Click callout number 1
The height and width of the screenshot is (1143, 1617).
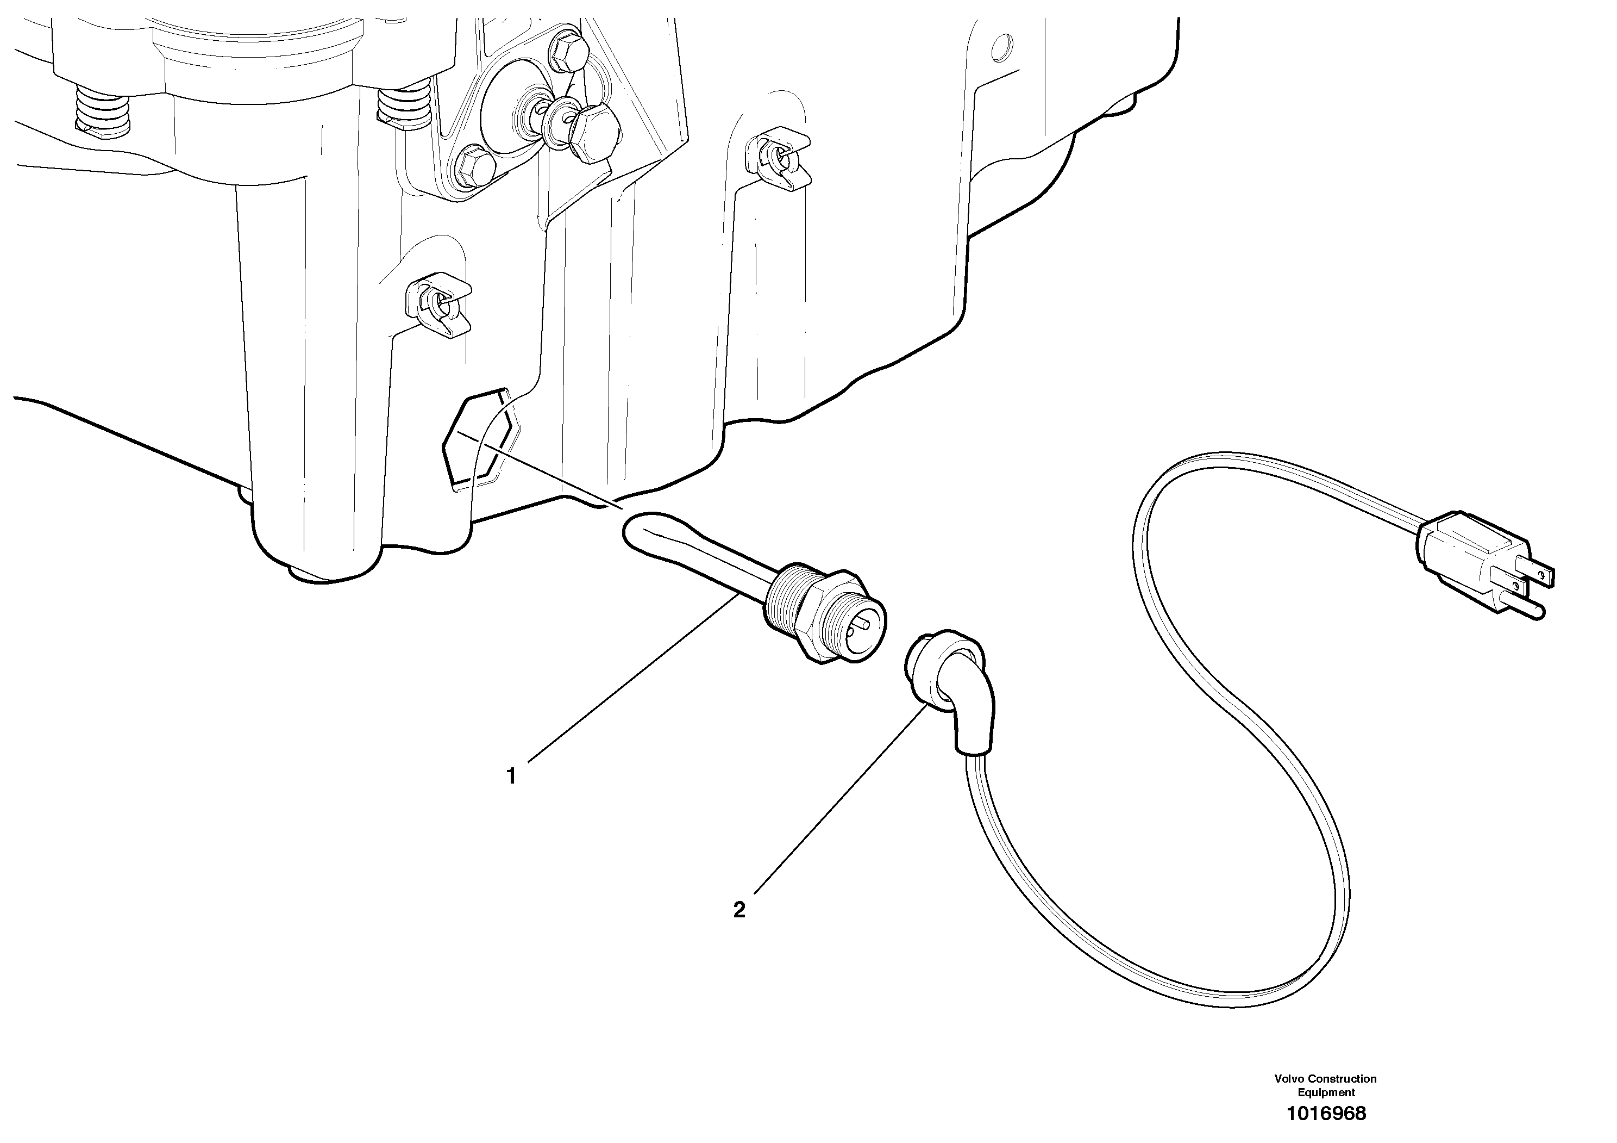pos(512,777)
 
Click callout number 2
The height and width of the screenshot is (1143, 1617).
pos(739,910)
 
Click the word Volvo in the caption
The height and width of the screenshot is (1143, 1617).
pos(1289,1079)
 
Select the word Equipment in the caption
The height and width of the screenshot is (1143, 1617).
pos(1326,1092)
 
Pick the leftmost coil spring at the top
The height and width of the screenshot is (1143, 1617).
pos(103,110)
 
